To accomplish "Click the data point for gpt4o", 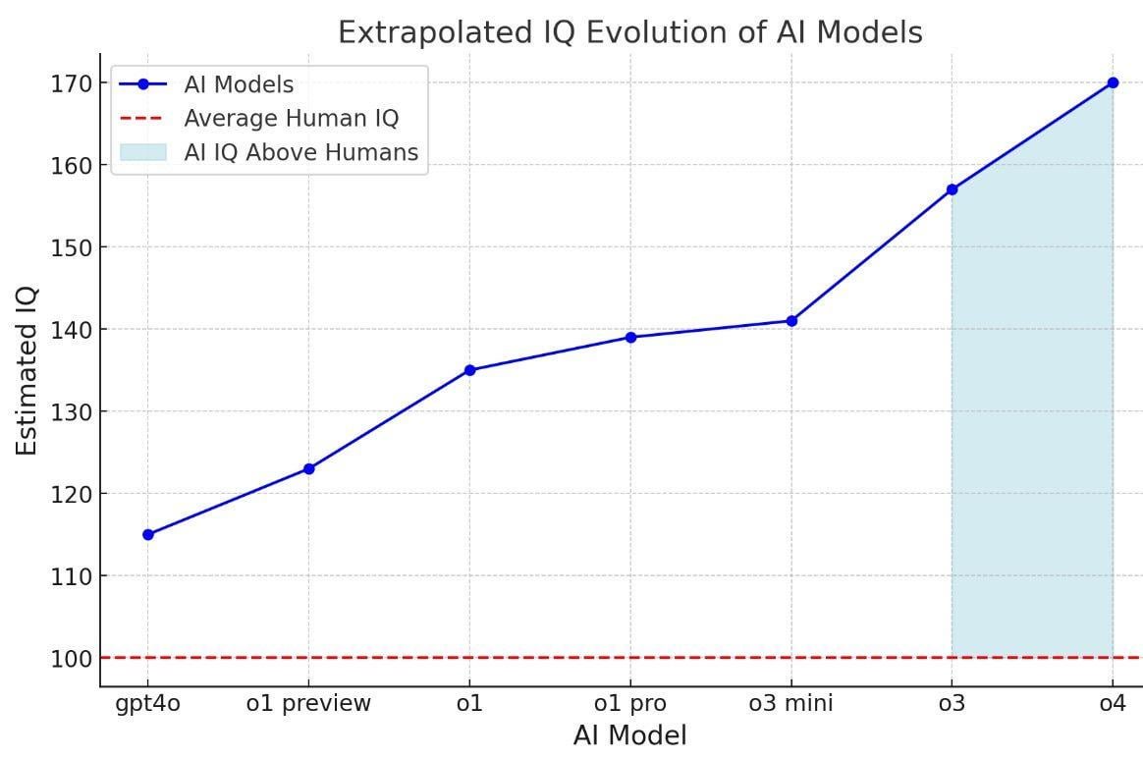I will click(x=148, y=534).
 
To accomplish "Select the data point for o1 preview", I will click(x=309, y=468).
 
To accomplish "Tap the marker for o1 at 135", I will click(x=470, y=370).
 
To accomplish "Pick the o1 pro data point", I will click(x=630, y=337).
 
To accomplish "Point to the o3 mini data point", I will click(x=791, y=321).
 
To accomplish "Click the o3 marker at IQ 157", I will click(x=952, y=189).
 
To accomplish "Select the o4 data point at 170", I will click(x=1113, y=82).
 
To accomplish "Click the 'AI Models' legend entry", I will click(x=239, y=84).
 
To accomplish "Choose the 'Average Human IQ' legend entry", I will click(x=292, y=119).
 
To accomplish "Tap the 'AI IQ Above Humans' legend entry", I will click(x=300, y=152).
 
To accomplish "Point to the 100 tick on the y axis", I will click(x=73, y=658).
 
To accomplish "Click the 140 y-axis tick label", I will click(x=73, y=330).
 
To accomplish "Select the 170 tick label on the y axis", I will click(x=73, y=83).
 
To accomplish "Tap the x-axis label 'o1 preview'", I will click(x=309, y=703).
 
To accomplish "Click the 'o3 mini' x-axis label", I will click(x=791, y=703).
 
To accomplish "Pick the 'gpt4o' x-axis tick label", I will click(x=148, y=704).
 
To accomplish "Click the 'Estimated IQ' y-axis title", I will click(x=27, y=370).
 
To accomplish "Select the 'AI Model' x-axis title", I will click(x=629, y=735).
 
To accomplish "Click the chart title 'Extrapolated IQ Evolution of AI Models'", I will click(x=629, y=32).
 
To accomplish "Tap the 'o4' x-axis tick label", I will click(x=1113, y=703).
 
